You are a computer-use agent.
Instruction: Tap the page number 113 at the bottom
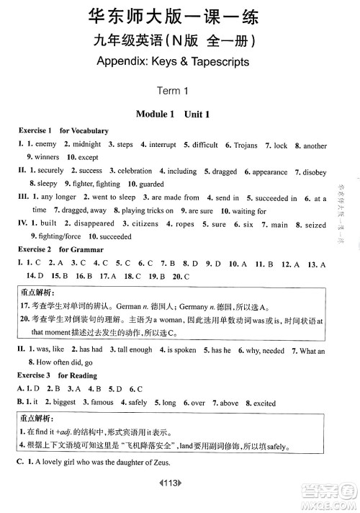pyautogui.click(x=176, y=499)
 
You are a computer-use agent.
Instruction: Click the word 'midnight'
pyautogui.click(x=86, y=145)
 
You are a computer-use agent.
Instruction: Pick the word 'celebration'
pyautogui.click(x=135, y=171)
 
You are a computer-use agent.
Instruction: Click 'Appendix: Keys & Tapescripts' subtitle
pyautogui.click(x=176, y=61)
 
